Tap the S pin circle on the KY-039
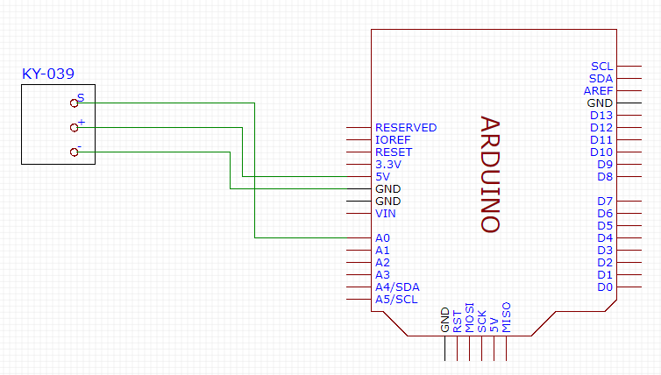(75, 103)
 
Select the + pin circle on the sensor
(75, 128)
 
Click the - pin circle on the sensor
(75, 152)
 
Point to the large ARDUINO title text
(490, 174)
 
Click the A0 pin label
(382, 237)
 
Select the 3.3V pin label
(387, 164)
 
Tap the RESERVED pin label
(405, 127)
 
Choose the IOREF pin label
(392, 139)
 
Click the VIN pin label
(385, 213)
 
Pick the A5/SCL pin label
(396, 299)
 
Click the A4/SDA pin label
(397, 287)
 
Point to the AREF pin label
(598, 90)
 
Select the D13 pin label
(601, 115)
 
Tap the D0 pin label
(605, 287)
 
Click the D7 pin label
(605, 201)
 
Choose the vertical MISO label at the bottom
(507, 320)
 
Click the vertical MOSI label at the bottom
(470, 319)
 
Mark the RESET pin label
(393, 152)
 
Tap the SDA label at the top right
(601, 78)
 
